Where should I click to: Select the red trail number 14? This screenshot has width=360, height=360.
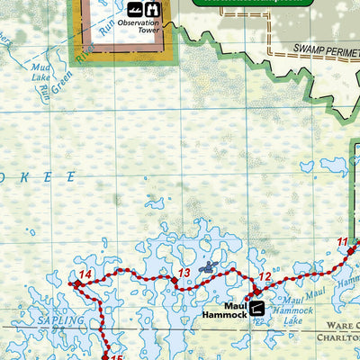click(x=85, y=274)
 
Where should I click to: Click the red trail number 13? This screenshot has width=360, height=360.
click(x=182, y=273)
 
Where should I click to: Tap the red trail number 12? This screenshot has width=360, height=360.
click(x=265, y=276)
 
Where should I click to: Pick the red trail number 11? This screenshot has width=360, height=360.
click(x=342, y=241)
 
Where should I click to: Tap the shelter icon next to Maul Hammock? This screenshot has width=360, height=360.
click(x=258, y=308)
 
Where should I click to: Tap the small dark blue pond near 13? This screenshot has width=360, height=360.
click(x=209, y=266)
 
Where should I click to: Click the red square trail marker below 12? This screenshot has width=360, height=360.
click(x=255, y=291)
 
